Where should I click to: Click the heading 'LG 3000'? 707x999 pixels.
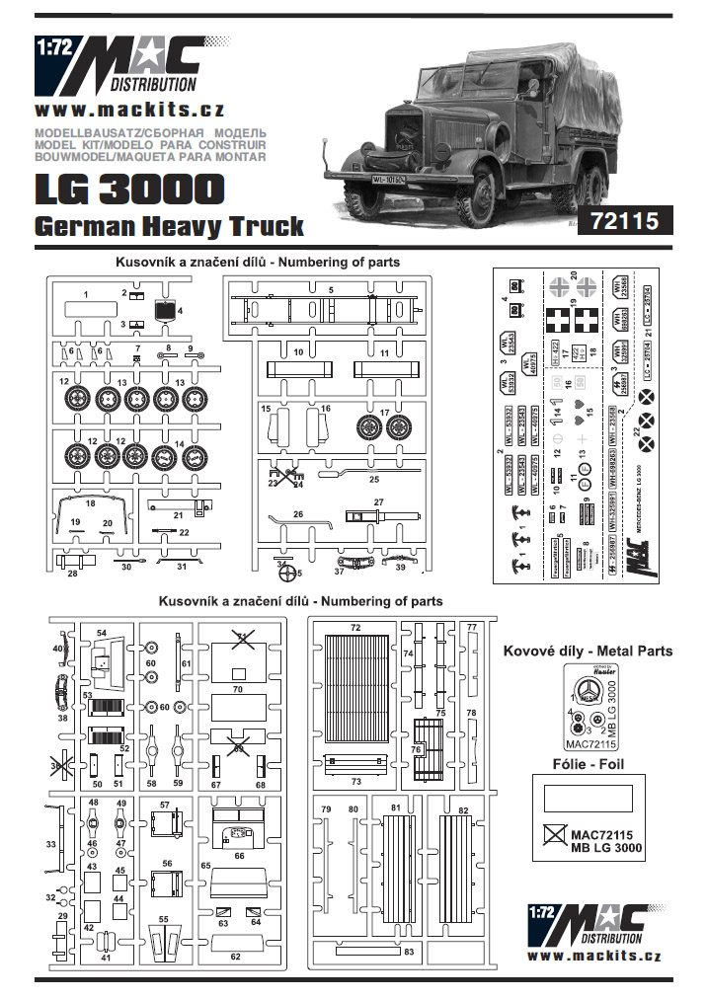pyautogui.click(x=128, y=190)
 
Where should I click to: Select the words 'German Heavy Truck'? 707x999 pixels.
pyautogui.click(x=169, y=226)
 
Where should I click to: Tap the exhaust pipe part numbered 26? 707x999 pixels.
pyautogui.click(x=297, y=519)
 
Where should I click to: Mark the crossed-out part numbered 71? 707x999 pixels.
pyautogui.click(x=239, y=641)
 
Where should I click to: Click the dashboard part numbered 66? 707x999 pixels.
pyautogui.click(x=238, y=827)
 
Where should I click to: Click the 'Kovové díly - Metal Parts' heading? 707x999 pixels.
pyautogui.click(x=588, y=651)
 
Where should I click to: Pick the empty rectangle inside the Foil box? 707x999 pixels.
pyautogui.click(x=588, y=798)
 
